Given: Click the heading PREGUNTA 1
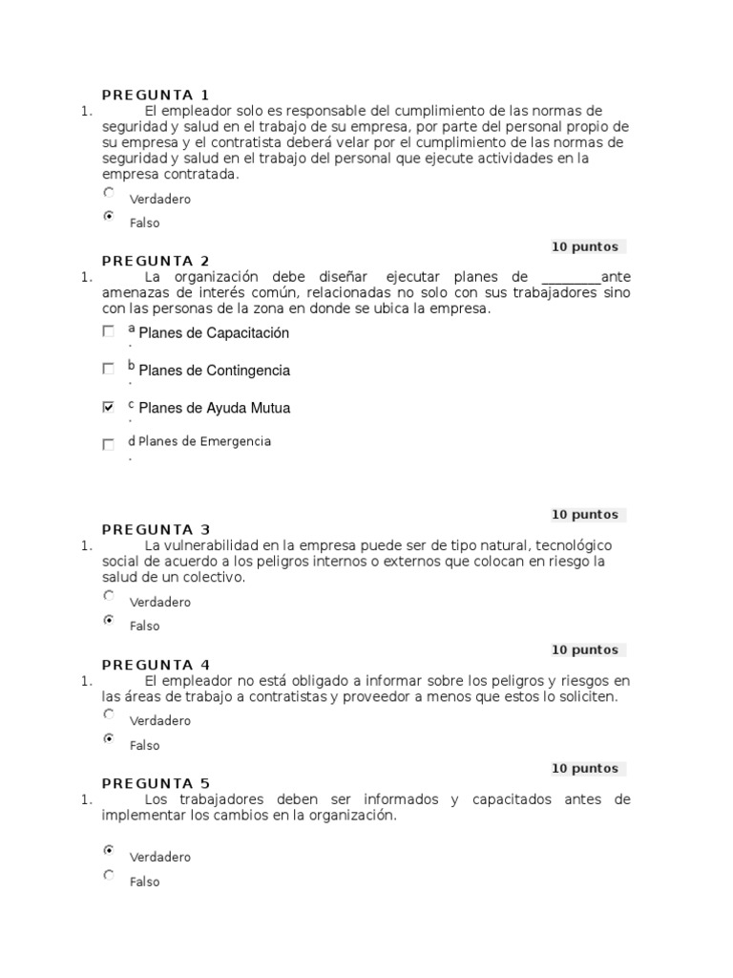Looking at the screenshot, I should [x=156, y=95].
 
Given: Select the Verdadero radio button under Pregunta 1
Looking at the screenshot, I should [x=109, y=192].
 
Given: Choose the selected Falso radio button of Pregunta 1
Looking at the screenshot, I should [x=109, y=217].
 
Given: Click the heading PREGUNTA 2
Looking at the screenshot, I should [x=156, y=261].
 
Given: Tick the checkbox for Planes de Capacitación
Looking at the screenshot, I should [x=108, y=332].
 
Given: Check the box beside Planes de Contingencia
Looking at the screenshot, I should [x=108, y=369].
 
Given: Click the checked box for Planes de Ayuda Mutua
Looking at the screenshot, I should [x=108, y=407].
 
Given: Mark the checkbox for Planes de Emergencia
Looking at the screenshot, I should [x=108, y=443].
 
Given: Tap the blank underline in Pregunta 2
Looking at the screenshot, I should [x=571, y=278].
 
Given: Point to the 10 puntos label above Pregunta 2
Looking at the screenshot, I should [x=585, y=246].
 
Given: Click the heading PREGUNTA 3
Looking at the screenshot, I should [x=156, y=529].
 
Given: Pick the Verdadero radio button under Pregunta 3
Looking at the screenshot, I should [x=109, y=595].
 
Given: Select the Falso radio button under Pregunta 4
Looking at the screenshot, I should [x=109, y=738].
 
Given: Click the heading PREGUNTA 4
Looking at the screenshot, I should [x=156, y=665].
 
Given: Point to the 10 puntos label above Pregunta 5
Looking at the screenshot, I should [x=585, y=768].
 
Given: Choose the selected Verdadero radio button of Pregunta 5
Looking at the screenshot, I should [x=109, y=849].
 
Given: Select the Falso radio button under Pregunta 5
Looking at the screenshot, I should [x=109, y=875].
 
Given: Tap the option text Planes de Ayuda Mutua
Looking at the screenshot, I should [x=214, y=408].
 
